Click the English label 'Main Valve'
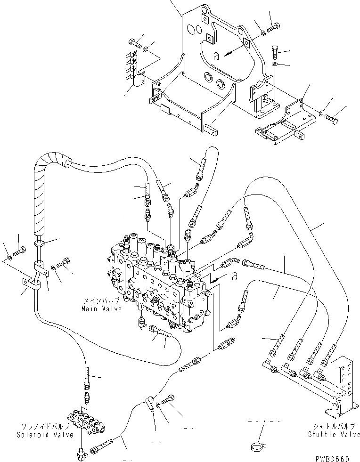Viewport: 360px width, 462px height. pyautogui.click(x=100, y=309)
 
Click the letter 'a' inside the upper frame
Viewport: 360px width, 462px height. pyautogui.click(x=216, y=56)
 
